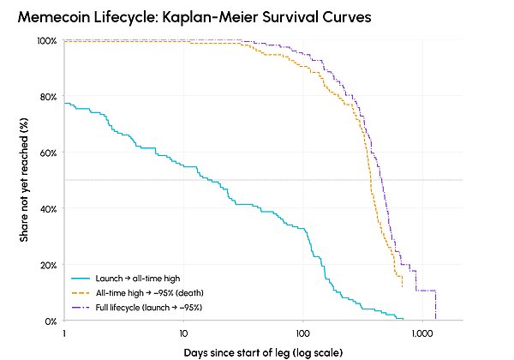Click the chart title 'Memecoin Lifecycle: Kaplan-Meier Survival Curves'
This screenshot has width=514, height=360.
194,17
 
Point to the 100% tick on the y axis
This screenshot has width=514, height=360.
47,41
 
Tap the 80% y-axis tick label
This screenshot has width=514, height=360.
48,97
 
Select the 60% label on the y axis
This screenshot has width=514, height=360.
48,153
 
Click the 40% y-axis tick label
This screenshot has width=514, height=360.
48,209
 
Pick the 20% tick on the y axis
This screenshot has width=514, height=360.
48,265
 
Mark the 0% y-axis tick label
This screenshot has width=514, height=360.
51,321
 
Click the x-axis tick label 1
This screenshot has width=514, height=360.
64,333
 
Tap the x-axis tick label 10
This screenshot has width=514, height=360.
183,333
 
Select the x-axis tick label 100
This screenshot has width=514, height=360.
302,333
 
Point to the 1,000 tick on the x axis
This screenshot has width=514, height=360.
422,333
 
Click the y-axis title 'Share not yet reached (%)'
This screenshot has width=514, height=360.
24,180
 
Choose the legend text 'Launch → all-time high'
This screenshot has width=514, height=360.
138,279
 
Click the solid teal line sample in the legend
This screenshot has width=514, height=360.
81,279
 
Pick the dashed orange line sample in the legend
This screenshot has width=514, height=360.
81,293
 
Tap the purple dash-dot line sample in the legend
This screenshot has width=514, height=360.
81,308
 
